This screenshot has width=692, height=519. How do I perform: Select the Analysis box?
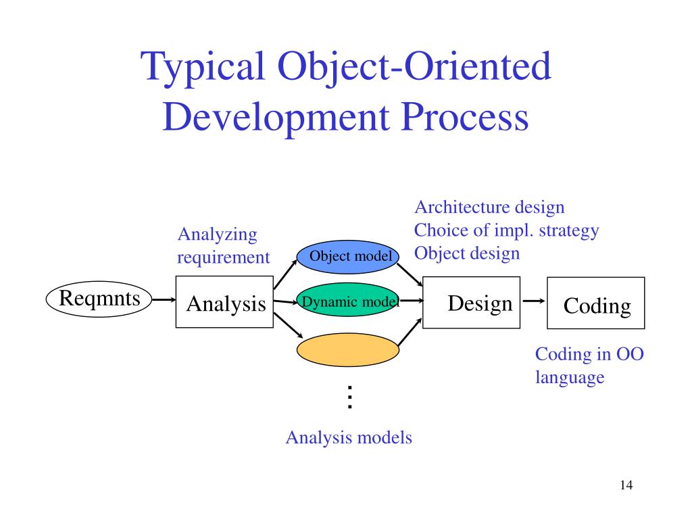224,302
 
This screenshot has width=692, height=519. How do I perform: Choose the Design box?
471,302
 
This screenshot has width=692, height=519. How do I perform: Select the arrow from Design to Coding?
534,302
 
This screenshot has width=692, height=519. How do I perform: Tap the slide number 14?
625,485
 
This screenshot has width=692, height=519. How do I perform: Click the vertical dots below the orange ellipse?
349,397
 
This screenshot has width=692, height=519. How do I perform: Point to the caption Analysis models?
349,437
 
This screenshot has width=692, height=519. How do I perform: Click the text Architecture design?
489,207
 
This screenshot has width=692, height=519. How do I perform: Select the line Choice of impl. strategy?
506,230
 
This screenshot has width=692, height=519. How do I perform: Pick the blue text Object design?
467,253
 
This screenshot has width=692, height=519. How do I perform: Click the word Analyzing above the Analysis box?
218,234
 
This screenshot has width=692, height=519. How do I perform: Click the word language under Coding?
570,377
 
